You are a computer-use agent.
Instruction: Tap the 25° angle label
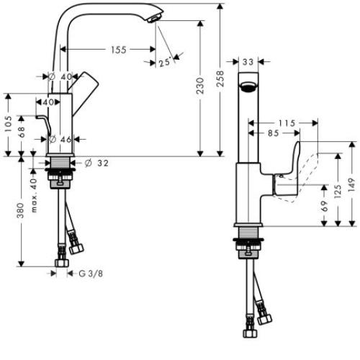tap(166, 63)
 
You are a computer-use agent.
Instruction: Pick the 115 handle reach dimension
tap(287, 124)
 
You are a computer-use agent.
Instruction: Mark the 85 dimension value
tap(273, 132)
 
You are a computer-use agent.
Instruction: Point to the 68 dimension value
tap(22, 133)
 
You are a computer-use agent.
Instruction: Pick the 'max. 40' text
tap(33, 189)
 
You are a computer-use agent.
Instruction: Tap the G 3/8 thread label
tap(91, 274)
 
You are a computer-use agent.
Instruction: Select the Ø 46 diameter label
tap(61, 139)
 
